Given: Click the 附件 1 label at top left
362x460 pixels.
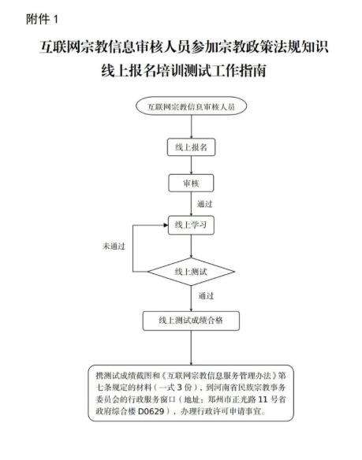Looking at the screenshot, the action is (42, 20).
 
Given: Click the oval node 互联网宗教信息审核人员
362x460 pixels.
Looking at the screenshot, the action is (191, 106).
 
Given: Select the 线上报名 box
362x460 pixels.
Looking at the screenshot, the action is (191, 147).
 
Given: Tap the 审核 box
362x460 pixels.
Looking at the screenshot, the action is (191, 184).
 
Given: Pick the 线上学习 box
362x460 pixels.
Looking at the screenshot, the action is (191, 225).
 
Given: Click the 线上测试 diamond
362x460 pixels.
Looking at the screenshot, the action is (191, 272).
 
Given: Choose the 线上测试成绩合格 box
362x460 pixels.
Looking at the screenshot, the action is (191, 321).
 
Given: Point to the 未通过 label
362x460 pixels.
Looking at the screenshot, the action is (114, 246).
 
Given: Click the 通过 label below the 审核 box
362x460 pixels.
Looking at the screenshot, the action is (204, 203).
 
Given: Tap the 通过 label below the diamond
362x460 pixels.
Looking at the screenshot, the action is (206, 295).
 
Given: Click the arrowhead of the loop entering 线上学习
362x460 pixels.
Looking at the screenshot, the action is (166, 225).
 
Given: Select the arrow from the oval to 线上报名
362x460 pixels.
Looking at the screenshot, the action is (192, 127).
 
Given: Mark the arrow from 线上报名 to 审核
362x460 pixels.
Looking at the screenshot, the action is (192, 165).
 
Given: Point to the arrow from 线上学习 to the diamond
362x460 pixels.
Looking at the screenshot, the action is (192, 246).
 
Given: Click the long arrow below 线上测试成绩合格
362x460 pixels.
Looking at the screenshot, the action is (192, 347).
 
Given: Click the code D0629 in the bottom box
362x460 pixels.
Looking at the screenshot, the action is (151, 411).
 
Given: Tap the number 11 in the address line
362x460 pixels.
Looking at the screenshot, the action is (263, 399).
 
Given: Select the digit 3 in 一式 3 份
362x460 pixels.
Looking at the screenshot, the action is (179, 388).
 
